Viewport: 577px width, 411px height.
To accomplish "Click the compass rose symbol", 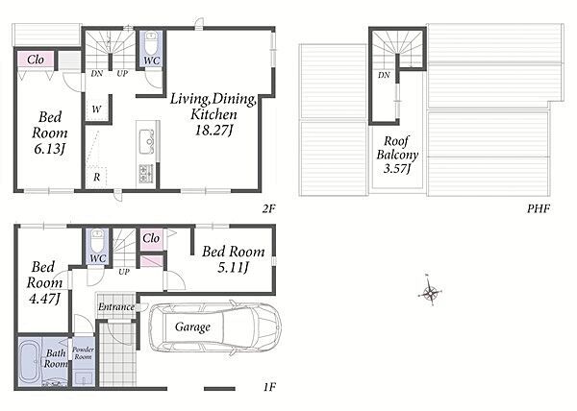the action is click(x=430, y=292).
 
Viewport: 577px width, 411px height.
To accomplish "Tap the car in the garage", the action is click(x=215, y=327).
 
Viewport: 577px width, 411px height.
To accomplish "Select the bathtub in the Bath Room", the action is click(x=30, y=363).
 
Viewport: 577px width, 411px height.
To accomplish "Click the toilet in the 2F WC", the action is click(x=151, y=43).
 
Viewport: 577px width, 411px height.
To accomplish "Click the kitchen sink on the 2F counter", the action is click(x=147, y=141).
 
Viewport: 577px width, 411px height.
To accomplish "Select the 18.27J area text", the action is click(x=214, y=130).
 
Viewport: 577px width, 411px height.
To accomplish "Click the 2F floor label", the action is click(x=269, y=209).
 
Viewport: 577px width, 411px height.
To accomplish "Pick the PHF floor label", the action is click(x=539, y=208).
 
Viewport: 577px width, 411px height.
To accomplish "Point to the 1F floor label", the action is click(x=269, y=387).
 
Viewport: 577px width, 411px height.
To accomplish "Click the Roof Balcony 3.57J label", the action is click(x=397, y=155).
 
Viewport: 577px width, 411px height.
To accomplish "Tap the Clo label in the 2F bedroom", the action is click(x=36, y=60).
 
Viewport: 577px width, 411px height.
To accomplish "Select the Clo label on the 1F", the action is click(x=151, y=238).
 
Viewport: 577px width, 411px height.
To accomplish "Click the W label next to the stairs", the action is click(x=96, y=109).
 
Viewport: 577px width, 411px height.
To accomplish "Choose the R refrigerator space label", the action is click(x=96, y=178).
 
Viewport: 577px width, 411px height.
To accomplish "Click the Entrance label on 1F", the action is click(x=116, y=306).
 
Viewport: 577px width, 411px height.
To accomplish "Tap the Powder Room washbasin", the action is click(x=83, y=378).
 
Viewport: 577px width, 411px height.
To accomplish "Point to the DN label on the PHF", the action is click(x=384, y=75).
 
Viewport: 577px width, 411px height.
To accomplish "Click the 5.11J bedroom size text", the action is click(x=234, y=267).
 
